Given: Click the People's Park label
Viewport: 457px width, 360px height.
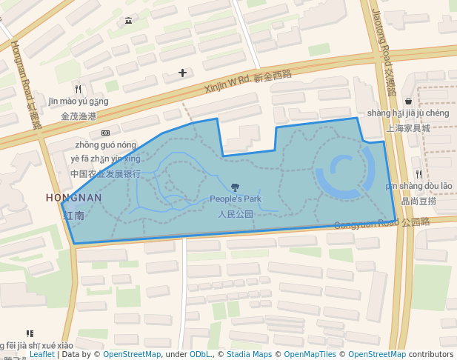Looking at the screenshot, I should click(236, 199).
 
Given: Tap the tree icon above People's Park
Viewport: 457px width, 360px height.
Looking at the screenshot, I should click(236, 187).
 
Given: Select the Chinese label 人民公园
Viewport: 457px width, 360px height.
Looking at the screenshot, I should click(236, 214).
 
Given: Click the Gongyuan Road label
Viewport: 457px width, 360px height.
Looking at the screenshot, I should click(381, 223).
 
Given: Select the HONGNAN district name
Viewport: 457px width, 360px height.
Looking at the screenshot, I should click(74, 198).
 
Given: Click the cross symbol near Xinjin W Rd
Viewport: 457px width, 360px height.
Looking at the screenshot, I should click(183, 73).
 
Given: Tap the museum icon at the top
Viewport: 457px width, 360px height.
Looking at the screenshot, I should click(129, 20).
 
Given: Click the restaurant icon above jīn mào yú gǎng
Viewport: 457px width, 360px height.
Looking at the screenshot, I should click(78, 89).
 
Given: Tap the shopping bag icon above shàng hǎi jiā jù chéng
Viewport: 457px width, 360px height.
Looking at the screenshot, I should click(408, 101).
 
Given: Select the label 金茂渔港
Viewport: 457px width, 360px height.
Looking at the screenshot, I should click(79, 116).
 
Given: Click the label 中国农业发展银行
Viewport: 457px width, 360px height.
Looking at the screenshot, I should click(105, 173).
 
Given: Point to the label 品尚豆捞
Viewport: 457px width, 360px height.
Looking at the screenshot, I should click(418, 201).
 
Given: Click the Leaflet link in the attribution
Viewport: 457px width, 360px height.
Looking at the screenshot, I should click(42, 354).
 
